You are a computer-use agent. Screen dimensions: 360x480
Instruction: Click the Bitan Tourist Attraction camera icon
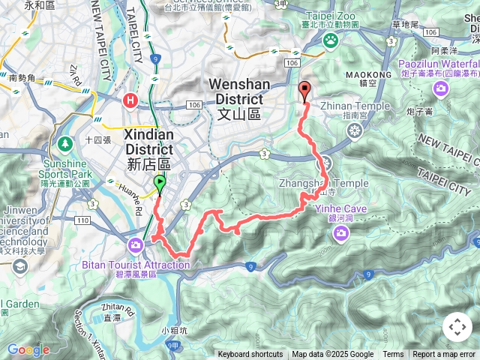click(136, 244)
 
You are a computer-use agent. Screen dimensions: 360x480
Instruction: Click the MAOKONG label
click(365, 75)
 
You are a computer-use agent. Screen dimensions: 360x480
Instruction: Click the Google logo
click(28, 349)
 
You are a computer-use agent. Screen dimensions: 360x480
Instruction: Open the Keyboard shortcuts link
click(250, 355)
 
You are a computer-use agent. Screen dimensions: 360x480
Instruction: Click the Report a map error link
click(444, 355)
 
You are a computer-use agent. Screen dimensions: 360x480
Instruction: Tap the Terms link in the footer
click(393, 355)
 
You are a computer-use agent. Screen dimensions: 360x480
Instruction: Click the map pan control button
click(457, 327)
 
